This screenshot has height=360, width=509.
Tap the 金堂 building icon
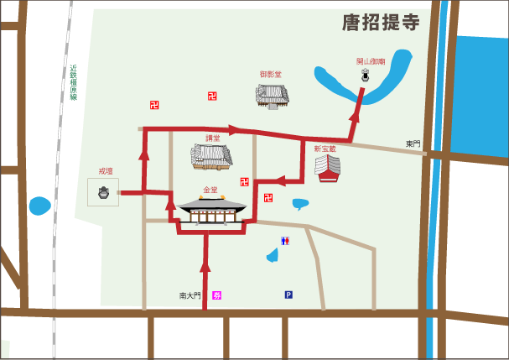210,211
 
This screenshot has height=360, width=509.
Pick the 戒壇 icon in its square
104,195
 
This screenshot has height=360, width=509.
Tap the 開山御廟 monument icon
365,76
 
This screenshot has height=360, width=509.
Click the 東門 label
413,144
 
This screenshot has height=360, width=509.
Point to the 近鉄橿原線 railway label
74,82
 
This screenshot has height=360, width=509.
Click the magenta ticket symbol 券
216,295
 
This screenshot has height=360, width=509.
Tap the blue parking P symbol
288,295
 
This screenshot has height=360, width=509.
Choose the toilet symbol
286,241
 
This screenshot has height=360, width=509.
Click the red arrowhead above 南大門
205,268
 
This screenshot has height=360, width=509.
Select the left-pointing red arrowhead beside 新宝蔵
281,180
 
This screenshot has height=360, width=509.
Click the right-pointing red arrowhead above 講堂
234,130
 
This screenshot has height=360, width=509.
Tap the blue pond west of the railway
39,206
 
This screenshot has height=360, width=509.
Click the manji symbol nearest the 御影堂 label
212,96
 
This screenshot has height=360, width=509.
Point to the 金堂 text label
210,190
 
